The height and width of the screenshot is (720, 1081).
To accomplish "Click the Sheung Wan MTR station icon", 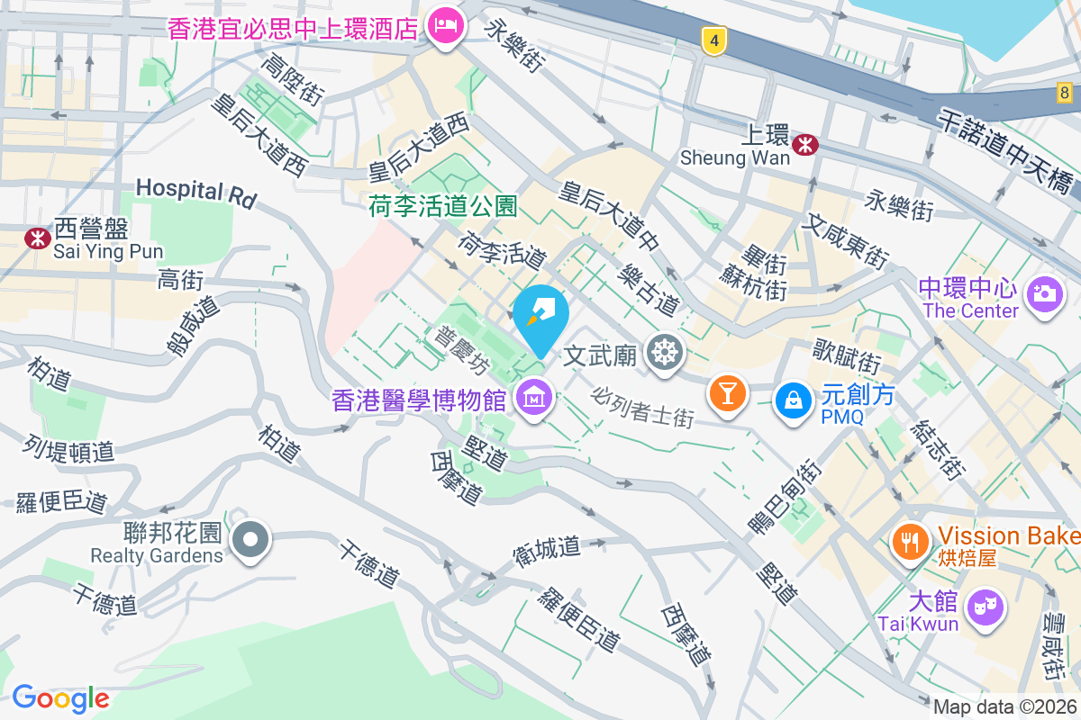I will coord(805,143).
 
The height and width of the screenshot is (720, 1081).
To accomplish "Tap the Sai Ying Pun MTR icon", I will coord(37,238).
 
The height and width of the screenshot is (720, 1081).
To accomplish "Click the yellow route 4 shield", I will coord(714,40).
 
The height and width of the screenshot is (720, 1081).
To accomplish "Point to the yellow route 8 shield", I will coord(1066,92).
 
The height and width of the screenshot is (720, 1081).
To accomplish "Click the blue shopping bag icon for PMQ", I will coord(793,400).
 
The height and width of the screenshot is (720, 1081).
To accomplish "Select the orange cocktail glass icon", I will coord(725,393).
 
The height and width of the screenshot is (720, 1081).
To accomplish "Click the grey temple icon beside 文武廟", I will coord(666,353).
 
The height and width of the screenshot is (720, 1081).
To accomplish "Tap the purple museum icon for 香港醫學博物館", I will coord(534,397).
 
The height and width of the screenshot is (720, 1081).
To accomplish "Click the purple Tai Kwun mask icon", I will coord(984,607).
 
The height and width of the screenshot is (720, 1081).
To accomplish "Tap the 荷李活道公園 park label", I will coord(443,208).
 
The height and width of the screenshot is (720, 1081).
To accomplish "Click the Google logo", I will coord(60,698).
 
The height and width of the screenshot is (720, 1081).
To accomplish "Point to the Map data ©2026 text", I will coord(1005,707).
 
